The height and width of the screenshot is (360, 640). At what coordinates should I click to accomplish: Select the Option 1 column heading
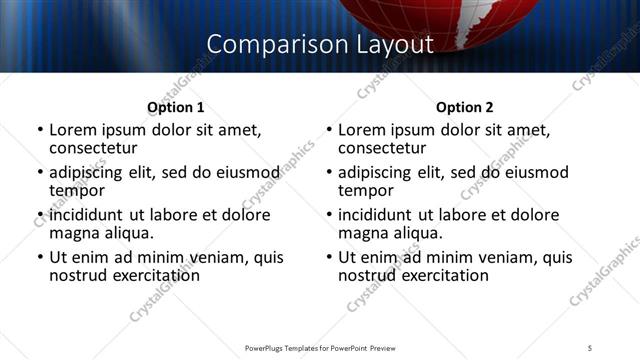175,107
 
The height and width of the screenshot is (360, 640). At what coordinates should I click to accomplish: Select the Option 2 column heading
464,107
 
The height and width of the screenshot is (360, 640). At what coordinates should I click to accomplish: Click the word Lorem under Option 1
73,130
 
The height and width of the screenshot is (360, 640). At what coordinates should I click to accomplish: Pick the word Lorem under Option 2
362,130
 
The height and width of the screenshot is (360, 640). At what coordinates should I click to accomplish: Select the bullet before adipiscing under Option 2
329,173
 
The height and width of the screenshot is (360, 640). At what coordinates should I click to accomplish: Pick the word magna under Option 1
74,233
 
